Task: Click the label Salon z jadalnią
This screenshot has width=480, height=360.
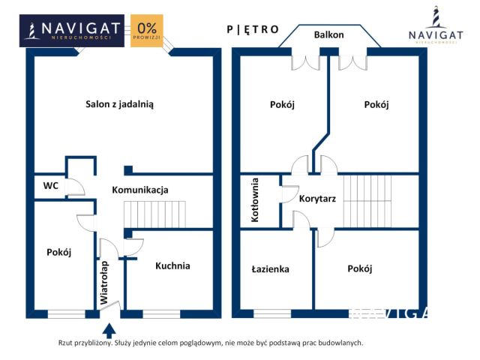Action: click(119, 105)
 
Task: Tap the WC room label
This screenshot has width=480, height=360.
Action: click(51, 185)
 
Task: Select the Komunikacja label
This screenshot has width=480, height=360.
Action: click(140, 190)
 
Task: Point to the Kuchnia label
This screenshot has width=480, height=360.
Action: click(172, 265)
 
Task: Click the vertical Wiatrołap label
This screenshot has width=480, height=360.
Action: click(106, 282)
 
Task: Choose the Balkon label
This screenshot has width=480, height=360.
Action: click(328, 34)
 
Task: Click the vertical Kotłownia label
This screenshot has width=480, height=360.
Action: click(256, 200)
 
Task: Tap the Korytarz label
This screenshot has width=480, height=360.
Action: click(316, 199)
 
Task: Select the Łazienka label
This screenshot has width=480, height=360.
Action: click(271, 269)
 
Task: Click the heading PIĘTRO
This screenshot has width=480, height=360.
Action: click(253, 29)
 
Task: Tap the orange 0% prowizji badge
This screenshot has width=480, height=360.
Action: click(146, 31)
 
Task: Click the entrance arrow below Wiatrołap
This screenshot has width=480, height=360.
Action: click(108, 329)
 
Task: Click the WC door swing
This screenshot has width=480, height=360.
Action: click(74, 187)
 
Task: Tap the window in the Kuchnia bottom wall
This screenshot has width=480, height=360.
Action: click(161, 313)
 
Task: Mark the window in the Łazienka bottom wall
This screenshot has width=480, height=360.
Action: click(271, 313)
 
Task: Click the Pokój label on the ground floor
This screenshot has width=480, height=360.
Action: click(58, 252)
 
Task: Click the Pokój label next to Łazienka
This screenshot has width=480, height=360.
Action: click(360, 268)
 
